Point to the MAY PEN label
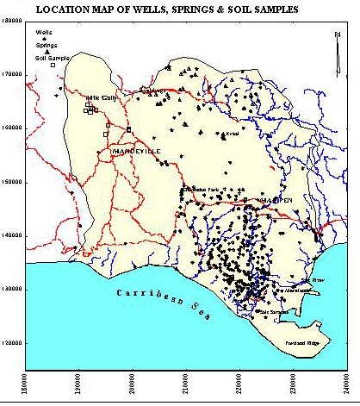pyautogui.click(x=276, y=200)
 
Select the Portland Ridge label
pyautogui.click(x=301, y=344)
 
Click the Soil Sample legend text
pyautogui.click(x=51, y=56)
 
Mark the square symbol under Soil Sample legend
pyautogui.click(x=53, y=65)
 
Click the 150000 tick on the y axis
pyautogui.click(x=11, y=183)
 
